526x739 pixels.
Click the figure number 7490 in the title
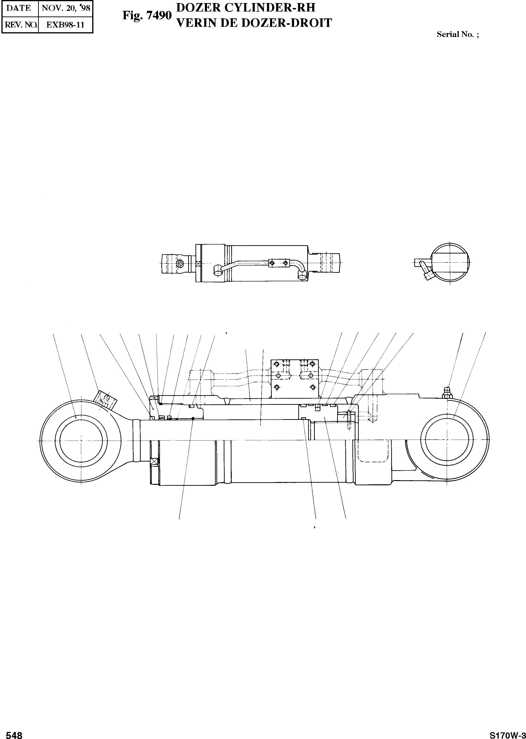pos(159,15)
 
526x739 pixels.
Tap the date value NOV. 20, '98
pos(66,8)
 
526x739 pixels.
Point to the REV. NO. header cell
pos(20,25)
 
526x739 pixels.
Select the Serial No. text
pos(458,34)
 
